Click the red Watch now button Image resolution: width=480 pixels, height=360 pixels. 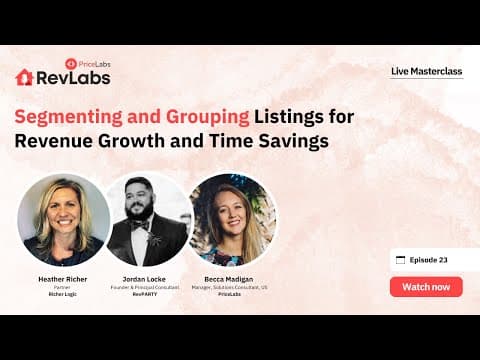[x=426, y=287]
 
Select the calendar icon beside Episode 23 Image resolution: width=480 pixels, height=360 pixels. [x=401, y=260]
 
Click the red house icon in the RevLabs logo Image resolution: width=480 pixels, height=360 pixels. [x=24, y=77]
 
